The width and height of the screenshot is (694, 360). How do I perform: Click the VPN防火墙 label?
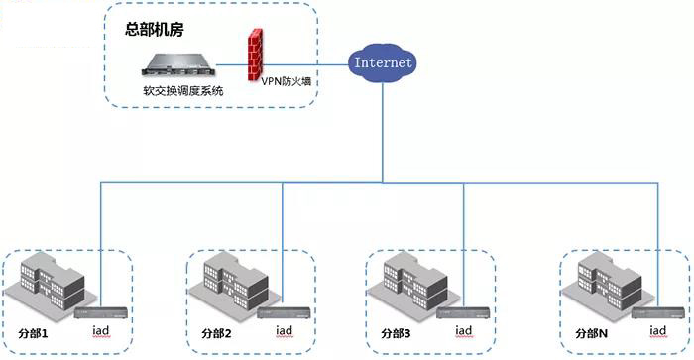(x=283, y=83)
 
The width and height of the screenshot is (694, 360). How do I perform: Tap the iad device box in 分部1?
(x=102, y=313)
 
